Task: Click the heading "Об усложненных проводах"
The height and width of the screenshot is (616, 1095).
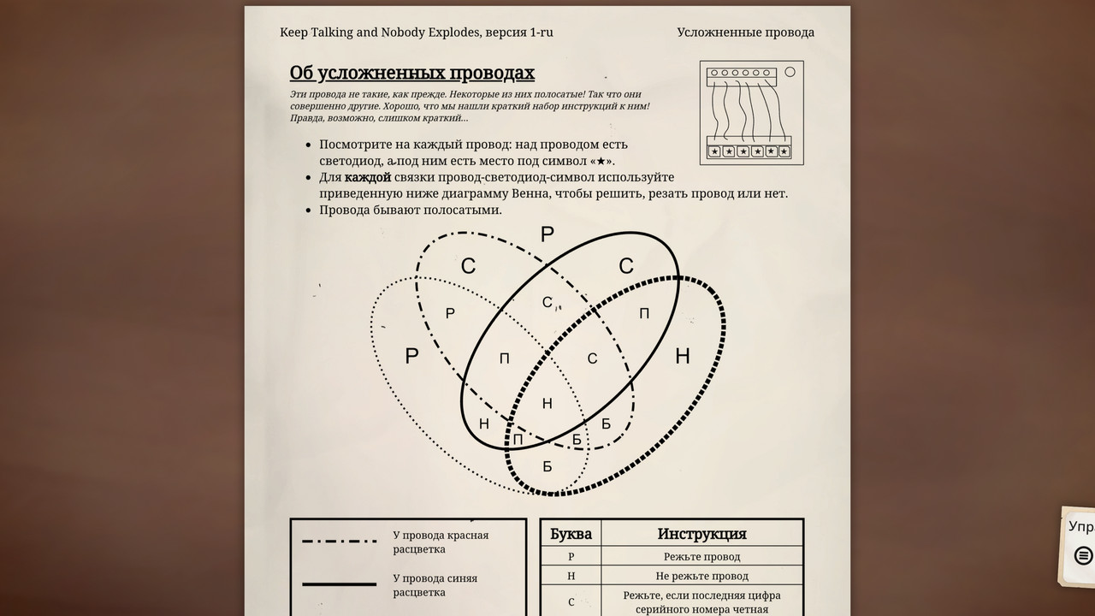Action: (411, 73)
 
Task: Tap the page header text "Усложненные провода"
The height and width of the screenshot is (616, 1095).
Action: (745, 33)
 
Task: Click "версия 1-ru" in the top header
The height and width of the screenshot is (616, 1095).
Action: (518, 33)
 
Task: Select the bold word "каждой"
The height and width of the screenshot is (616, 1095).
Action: (368, 177)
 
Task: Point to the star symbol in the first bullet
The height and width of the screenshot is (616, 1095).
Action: (601, 161)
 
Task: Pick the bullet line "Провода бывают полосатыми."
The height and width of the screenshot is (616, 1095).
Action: (411, 210)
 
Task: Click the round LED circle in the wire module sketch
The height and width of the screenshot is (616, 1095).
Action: (790, 72)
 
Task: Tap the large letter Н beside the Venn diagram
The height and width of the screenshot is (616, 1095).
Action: (682, 356)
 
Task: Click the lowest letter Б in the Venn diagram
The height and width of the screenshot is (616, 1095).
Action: (547, 466)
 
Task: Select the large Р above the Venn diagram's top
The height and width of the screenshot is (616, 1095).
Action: (547, 235)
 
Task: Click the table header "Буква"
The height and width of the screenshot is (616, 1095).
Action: (571, 534)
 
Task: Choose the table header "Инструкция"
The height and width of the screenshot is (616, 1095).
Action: (701, 534)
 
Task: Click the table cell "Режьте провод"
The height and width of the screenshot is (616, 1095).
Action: (701, 557)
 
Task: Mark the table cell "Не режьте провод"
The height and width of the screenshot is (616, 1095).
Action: (701, 576)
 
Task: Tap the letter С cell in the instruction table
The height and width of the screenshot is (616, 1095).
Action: (571, 601)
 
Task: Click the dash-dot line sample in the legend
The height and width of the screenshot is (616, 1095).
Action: (339, 542)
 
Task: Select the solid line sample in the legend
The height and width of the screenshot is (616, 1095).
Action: (339, 584)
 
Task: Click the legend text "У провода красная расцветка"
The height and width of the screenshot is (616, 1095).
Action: (441, 542)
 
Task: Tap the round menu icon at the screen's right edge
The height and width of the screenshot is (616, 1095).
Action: (1083, 555)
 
